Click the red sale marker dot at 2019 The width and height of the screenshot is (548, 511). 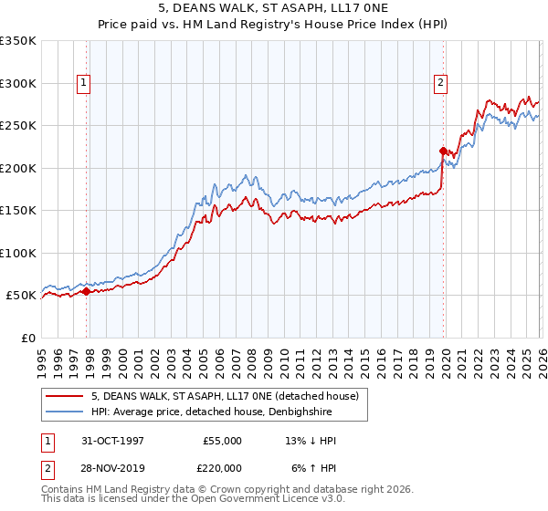pyautogui.click(x=443, y=151)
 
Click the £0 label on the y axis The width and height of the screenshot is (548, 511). pyautogui.click(x=29, y=338)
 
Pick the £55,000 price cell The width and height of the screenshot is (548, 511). pyautogui.click(x=222, y=441)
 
